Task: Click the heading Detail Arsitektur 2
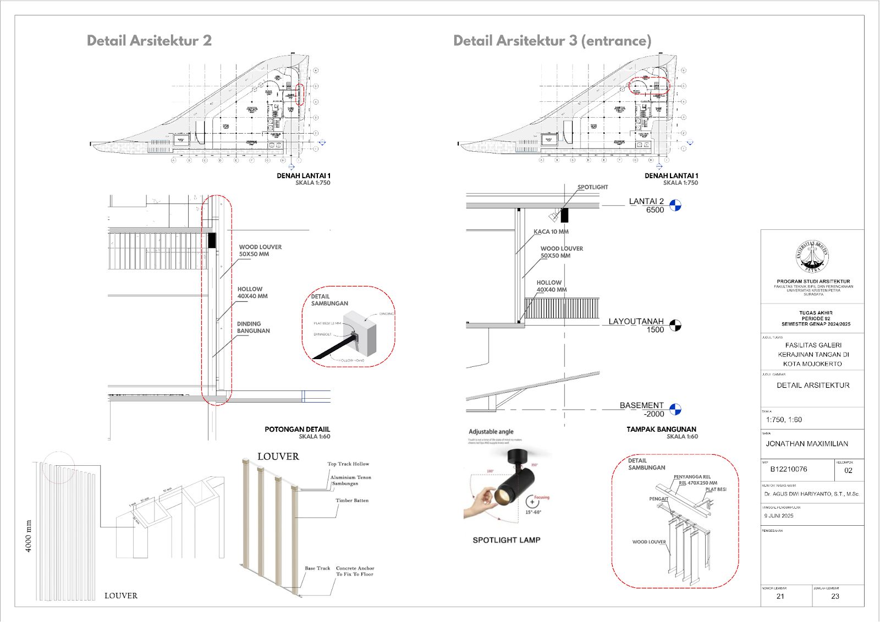(x=149, y=41)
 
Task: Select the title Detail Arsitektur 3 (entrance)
(x=552, y=41)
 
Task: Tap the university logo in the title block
(x=812, y=256)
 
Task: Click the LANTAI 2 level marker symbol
(x=675, y=205)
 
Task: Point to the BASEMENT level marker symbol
(x=675, y=409)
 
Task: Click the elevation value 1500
(x=655, y=330)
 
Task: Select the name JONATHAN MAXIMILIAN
(x=807, y=444)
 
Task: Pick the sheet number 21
(x=780, y=596)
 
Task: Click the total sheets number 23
(x=835, y=596)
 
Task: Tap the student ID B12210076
(x=789, y=469)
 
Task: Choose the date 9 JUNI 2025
(x=779, y=516)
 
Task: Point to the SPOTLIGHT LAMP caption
(x=507, y=540)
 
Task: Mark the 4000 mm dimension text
(x=29, y=536)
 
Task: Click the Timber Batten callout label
(x=352, y=500)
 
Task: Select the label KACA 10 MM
(x=551, y=232)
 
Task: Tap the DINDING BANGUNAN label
(x=253, y=327)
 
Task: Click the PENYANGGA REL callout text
(x=692, y=477)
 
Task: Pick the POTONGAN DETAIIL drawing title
(x=297, y=430)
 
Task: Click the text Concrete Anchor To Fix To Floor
(x=355, y=571)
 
